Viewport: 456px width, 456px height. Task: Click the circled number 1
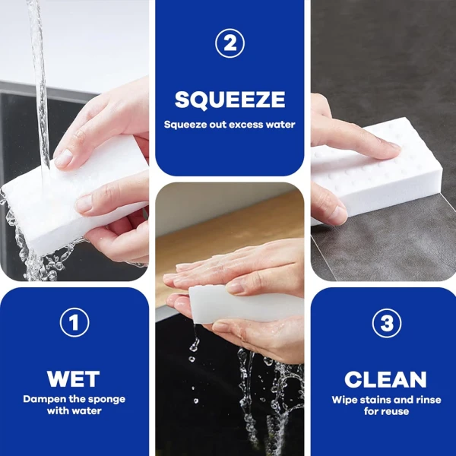74,324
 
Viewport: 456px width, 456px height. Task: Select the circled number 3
386,324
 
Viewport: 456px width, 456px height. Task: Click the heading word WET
74,378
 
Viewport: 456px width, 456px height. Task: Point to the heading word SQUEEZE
230,100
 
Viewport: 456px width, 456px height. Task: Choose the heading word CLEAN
386,378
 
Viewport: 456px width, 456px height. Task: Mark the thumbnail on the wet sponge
63,159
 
